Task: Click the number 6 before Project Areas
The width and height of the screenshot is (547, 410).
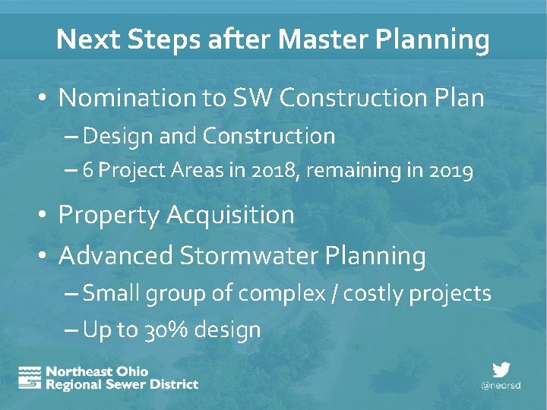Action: click(x=88, y=172)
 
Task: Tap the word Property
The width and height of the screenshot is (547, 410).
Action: click(x=109, y=216)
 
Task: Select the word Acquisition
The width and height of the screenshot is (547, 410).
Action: click(x=230, y=216)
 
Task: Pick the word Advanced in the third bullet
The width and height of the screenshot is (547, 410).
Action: click(x=115, y=256)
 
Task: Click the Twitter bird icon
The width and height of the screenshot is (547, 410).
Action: click(x=501, y=370)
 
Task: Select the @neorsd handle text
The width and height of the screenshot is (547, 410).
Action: click(x=501, y=385)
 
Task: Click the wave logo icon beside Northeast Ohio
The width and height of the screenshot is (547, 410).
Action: click(x=30, y=377)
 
